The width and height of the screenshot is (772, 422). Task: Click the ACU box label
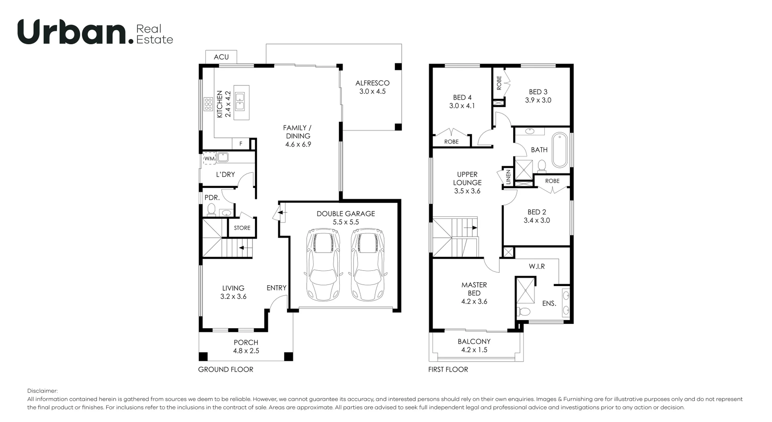click(221, 57)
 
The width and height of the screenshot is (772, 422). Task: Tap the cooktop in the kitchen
click(208, 104)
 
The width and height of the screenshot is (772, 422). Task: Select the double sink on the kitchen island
click(240, 101)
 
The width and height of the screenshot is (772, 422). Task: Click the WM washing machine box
click(209, 159)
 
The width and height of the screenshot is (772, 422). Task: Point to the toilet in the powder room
click(211, 209)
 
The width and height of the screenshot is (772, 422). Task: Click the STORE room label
click(242, 228)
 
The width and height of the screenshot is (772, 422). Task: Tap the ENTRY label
click(276, 288)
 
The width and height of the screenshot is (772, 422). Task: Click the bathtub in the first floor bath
click(559, 150)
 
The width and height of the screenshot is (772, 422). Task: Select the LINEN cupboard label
click(508, 177)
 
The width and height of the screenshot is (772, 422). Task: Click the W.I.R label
click(537, 266)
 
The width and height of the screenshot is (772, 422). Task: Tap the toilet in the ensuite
click(524, 311)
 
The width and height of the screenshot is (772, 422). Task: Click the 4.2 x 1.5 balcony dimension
click(474, 350)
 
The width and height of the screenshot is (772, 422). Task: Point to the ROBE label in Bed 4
click(451, 142)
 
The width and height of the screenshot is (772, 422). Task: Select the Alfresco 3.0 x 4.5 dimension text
click(372, 91)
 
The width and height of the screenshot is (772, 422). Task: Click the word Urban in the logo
click(72, 32)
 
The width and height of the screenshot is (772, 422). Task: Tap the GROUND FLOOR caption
click(226, 369)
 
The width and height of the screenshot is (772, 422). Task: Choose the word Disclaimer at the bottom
click(42, 391)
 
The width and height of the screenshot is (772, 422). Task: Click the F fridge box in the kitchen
click(241, 144)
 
